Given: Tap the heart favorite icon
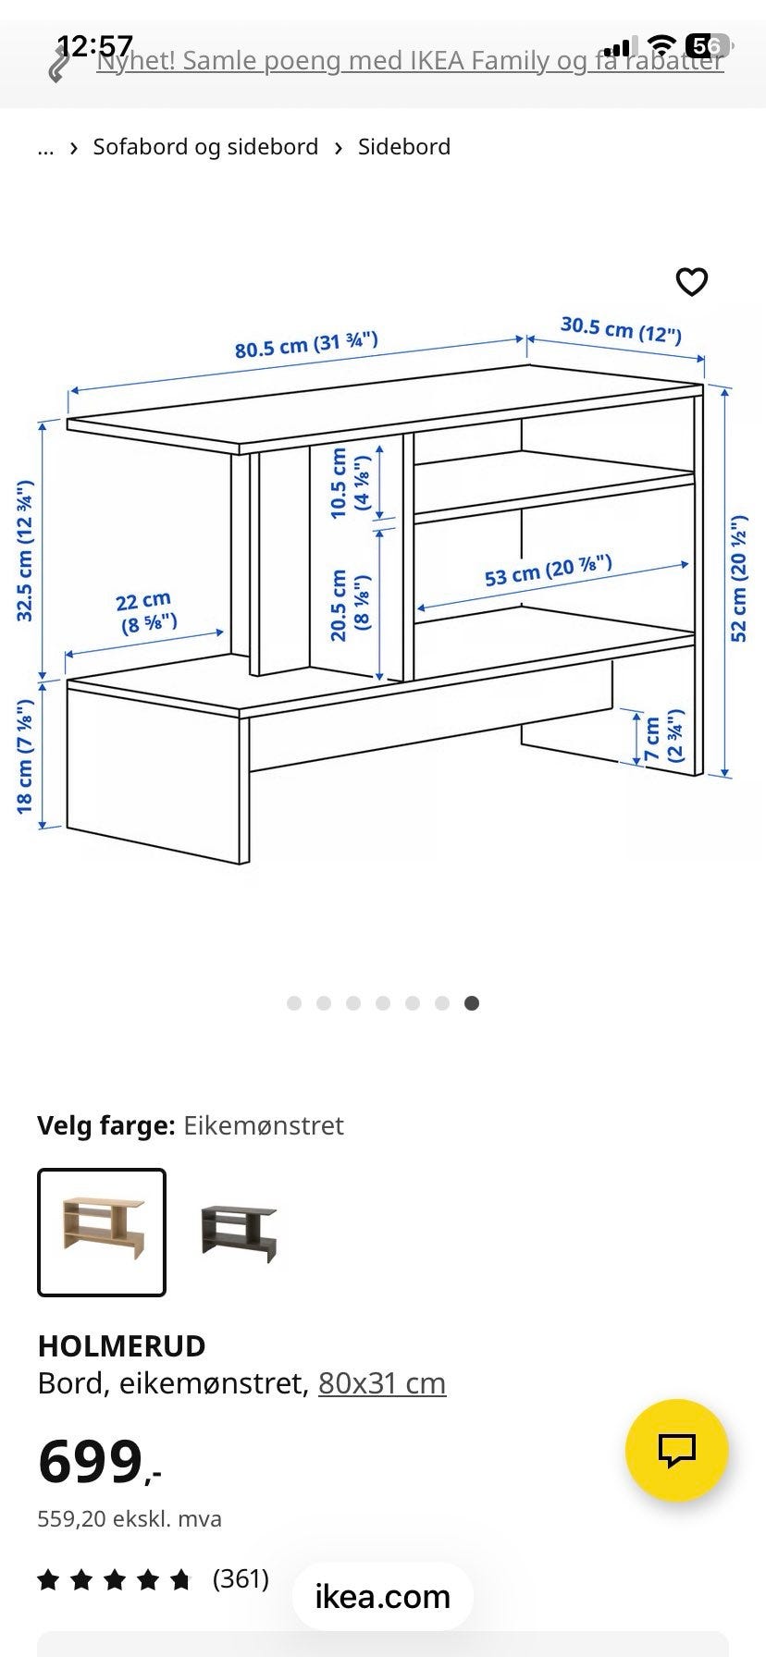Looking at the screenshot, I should (x=691, y=282).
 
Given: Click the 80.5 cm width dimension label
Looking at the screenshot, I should (x=306, y=345).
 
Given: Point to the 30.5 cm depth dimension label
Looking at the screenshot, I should (x=621, y=328).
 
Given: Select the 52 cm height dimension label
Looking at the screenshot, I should (x=740, y=579).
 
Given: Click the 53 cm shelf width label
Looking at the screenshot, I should (x=548, y=571).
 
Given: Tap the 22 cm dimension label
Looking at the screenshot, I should (x=146, y=612).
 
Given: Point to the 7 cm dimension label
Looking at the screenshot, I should (x=663, y=737).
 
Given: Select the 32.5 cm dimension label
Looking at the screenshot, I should (x=25, y=551).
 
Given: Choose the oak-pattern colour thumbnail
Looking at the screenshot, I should (x=102, y=1232).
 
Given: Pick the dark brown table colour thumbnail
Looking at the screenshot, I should (x=239, y=1232).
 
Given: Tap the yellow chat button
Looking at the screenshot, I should (x=676, y=1450).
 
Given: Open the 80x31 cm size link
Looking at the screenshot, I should (x=382, y=1383).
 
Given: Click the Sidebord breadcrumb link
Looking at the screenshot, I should (x=404, y=147).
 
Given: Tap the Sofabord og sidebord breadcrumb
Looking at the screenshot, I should (x=205, y=147).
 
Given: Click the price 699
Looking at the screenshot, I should (x=92, y=1462).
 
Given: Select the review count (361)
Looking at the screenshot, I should (x=241, y=1578).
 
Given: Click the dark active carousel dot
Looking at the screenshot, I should (x=472, y=1003).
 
